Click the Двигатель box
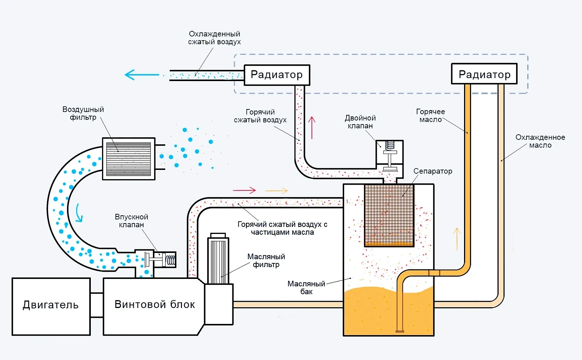pos(51,306)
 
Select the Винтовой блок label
pos(154,305)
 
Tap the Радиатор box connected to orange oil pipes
pos(484,74)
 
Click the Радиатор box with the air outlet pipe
pos(277,75)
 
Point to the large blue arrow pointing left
pos(142,75)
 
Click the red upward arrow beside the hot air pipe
pos(312,128)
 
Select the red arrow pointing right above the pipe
pos(244,190)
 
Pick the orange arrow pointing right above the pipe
pos(276,190)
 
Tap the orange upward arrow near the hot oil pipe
pos(457,239)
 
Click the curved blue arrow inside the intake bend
pos(78,213)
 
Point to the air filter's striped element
pos(128,159)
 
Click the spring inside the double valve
pos(390,145)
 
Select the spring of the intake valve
pos(171,260)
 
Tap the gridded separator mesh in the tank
pos(389,215)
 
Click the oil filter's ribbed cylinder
pos(218,261)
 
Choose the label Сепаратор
pos(433,171)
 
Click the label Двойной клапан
pos(360,122)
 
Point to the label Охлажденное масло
pos(540,141)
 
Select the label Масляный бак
pos(307,287)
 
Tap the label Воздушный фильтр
pos(83,113)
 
